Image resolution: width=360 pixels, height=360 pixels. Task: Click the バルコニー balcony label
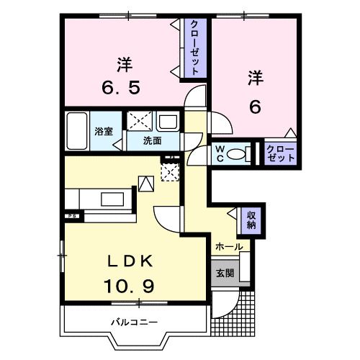[x=135, y=322]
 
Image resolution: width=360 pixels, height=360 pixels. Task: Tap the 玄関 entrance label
[x=224, y=274]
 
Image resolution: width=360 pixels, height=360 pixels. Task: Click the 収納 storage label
[x=252, y=218]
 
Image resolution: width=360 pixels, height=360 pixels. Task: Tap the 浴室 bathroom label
[x=104, y=131]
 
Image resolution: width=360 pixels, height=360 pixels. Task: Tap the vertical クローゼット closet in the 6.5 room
[x=195, y=47]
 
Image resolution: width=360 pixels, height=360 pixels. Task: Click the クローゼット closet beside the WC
[x=280, y=153]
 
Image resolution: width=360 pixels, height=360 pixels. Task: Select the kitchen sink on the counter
[x=112, y=197]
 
